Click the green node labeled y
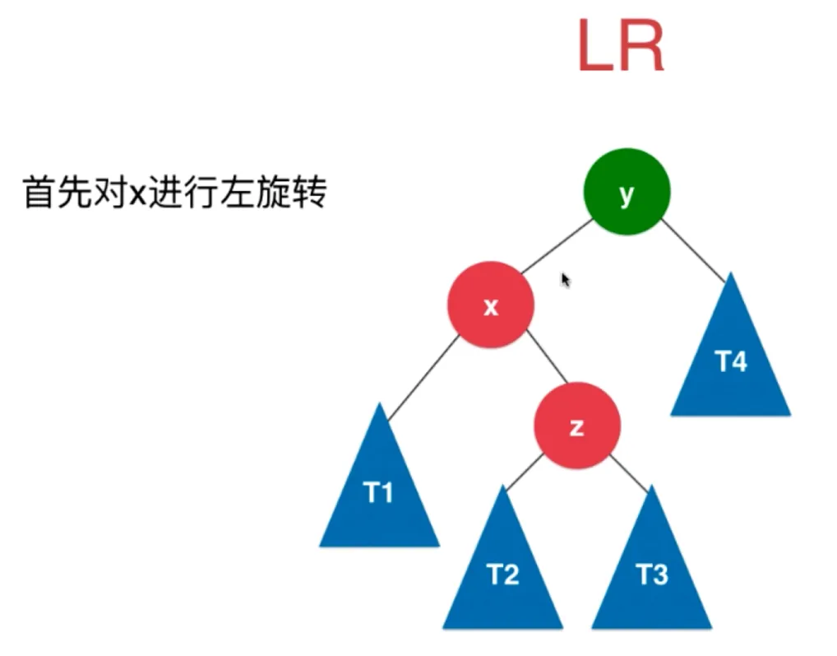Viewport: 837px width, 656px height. pyautogui.click(x=627, y=192)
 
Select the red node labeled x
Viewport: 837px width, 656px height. pyautogui.click(x=491, y=305)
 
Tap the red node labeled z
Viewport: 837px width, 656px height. pyautogui.click(x=577, y=426)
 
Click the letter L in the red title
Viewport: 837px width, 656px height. pyautogui.click(x=594, y=48)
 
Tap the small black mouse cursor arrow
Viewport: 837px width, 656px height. pyautogui.click(x=566, y=280)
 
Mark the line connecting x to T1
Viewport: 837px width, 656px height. pyautogui.click(x=423, y=375)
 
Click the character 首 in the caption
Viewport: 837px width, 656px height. pyautogui.click(x=38, y=194)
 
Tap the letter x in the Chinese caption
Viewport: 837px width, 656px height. pyautogui.click(x=136, y=196)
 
